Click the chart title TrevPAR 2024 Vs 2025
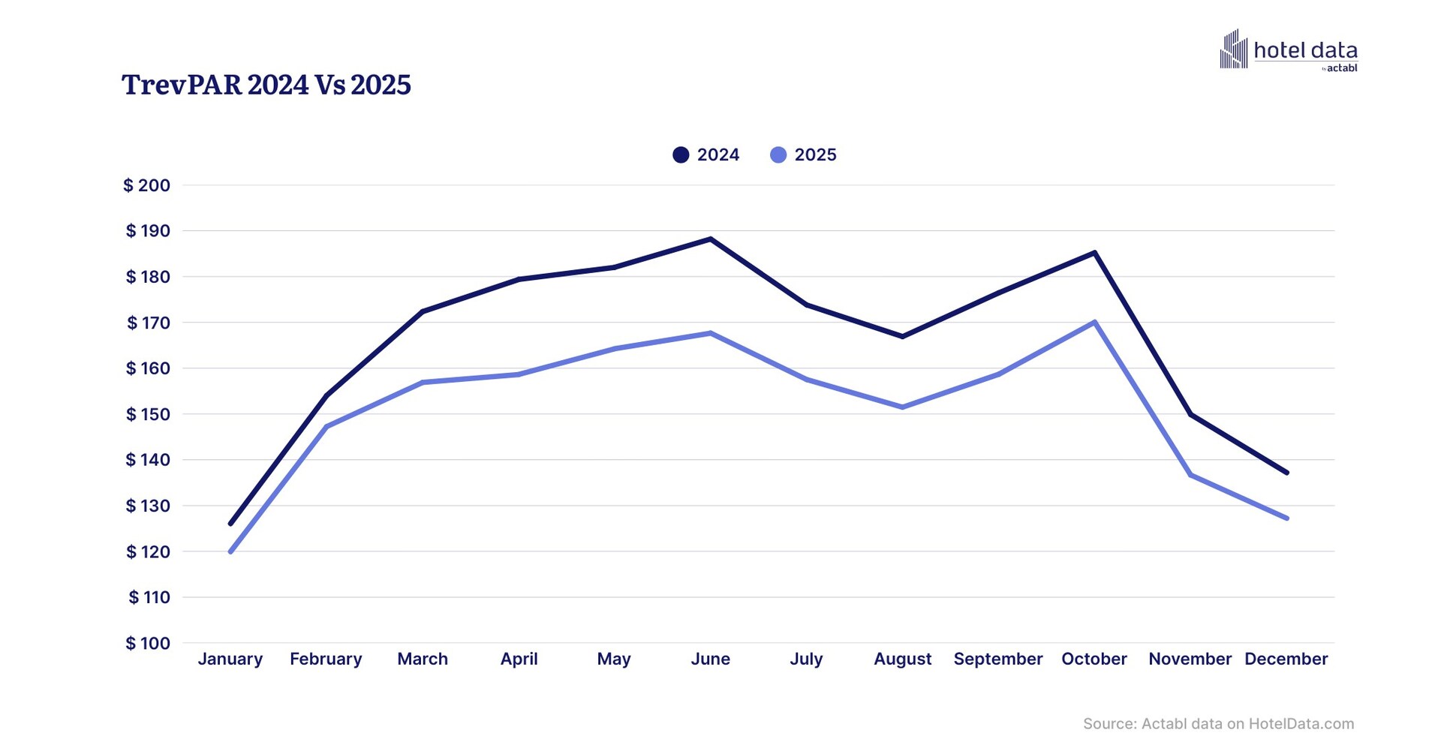click(x=266, y=85)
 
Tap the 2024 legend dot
click(x=681, y=155)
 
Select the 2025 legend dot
click(x=778, y=155)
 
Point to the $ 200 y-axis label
click(x=147, y=185)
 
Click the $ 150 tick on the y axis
click(x=148, y=414)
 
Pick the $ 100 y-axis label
click(x=148, y=643)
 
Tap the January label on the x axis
click(x=230, y=659)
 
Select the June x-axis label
click(x=710, y=659)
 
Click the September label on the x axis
click(x=997, y=659)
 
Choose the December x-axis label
click(x=1286, y=659)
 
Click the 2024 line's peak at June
click(x=710, y=239)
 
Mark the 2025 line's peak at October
click(x=1095, y=323)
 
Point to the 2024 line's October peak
click(x=1095, y=253)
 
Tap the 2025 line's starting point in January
click(x=230, y=551)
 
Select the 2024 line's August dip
click(x=902, y=336)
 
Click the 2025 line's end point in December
click(x=1286, y=518)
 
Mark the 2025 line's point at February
click(x=326, y=426)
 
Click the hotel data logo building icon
click(x=1233, y=50)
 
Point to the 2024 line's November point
click(x=1191, y=414)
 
